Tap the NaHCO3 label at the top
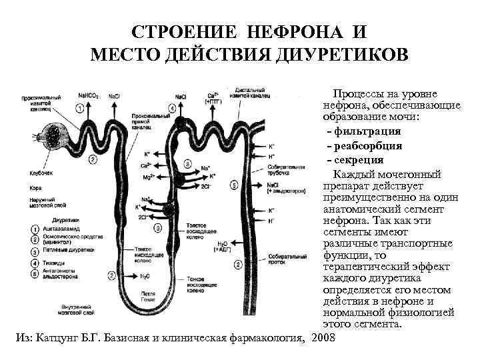tap(89, 96)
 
